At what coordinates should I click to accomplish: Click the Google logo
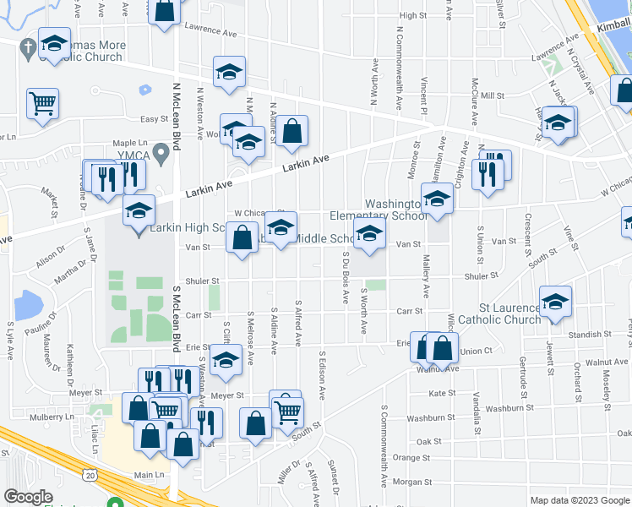click(x=28, y=497)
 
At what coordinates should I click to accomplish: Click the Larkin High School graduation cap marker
click(x=139, y=210)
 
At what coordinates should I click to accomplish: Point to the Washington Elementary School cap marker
click(x=437, y=199)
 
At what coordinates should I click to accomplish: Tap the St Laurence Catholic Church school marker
click(x=555, y=302)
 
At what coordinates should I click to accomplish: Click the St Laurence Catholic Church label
click(x=509, y=314)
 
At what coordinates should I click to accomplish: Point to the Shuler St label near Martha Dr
click(x=203, y=281)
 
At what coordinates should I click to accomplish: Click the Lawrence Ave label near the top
click(x=210, y=29)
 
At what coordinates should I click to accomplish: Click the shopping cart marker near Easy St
click(x=42, y=104)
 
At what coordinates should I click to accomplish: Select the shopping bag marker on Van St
click(x=242, y=237)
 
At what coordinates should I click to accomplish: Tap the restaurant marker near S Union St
click(x=488, y=172)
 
